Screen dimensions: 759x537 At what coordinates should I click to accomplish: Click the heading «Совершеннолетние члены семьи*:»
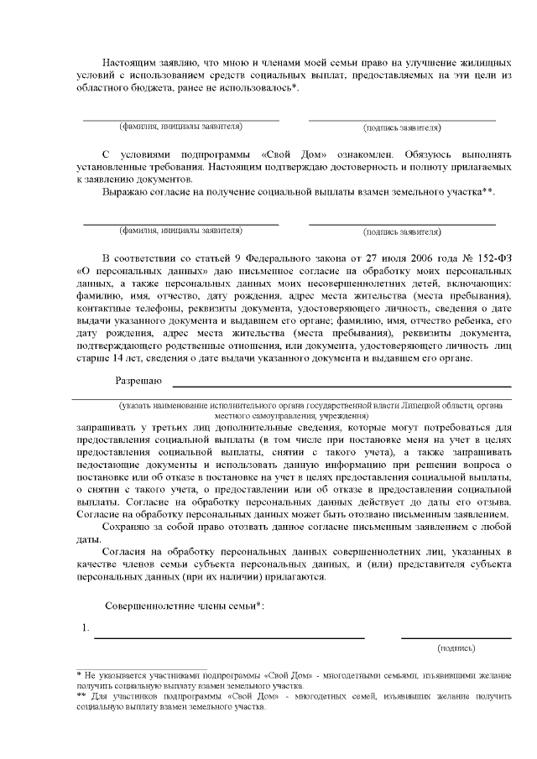point(184,606)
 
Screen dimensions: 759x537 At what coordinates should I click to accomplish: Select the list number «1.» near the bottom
point(85,627)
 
